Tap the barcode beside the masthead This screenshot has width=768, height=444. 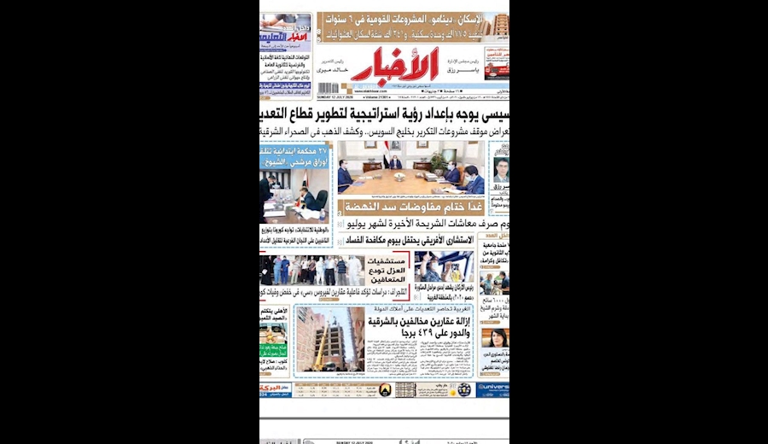pyautogui.click(x=329, y=88)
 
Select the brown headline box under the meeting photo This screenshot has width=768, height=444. pyautogui.click(x=412, y=206)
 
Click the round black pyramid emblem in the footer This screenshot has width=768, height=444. pyautogui.click(x=384, y=389)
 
